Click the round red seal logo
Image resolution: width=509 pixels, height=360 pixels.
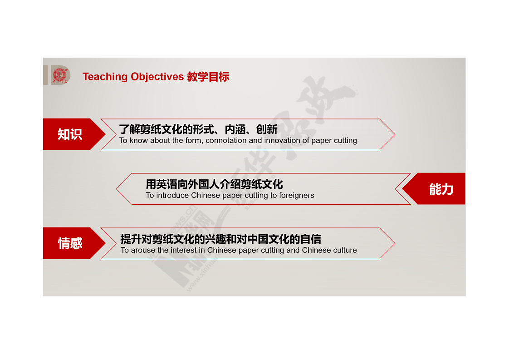coord(60,75)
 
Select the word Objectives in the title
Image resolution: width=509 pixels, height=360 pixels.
coord(157,77)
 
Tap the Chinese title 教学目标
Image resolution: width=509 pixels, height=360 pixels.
coord(208,77)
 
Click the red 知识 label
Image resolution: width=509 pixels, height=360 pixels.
coord(70,134)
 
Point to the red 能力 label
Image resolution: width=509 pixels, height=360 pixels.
coord(441,189)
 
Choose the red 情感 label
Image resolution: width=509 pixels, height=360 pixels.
coord(70,243)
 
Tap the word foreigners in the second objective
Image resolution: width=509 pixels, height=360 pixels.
coord(296,195)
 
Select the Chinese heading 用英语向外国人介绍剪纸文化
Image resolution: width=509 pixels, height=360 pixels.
coord(214,184)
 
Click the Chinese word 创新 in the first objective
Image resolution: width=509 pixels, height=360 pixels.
coord(267,129)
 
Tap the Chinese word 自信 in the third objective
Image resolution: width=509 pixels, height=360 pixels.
coord(311,239)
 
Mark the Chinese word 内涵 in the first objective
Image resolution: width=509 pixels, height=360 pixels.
coord(235,129)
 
